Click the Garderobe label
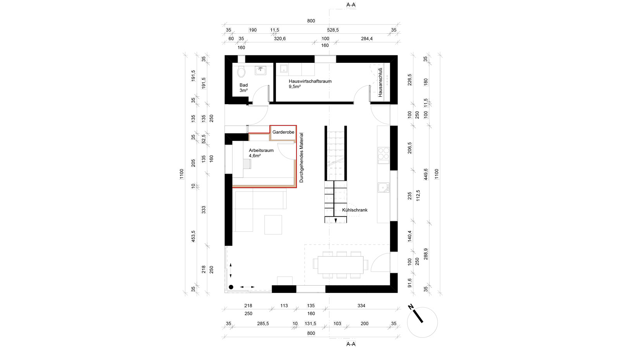[x=283, y=132]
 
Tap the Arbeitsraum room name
[x=261, y=150]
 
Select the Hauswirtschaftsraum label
[x=310, y=81]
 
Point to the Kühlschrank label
[x=355, y=210]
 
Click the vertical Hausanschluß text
[x=380, y=83]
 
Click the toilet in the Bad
[x=241, y=71]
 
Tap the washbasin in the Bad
[x=260, y=70]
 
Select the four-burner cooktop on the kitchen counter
[x=384, y=154]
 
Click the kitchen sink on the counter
[x=384, y=187]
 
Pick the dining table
[x=341, y=265]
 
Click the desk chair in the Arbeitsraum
[x=247, y=164]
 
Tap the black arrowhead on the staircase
[x=336, y=220]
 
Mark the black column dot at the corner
[x=231, y=287]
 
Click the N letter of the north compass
[x=411, y=307]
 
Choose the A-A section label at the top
[x=351, y=5]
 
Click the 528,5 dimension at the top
[x=333, y=30]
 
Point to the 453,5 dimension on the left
[x=193, y=236]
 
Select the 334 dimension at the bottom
[x=361, y=306]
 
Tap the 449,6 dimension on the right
[x=426, y=174]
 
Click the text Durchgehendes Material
[x=301, y=158]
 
